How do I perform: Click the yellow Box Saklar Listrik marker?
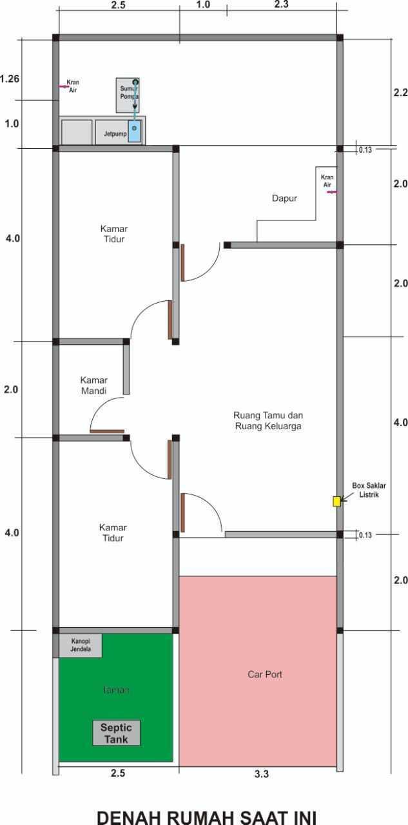336,501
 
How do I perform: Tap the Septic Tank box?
116,733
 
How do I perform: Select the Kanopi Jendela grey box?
81,645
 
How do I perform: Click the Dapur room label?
284,199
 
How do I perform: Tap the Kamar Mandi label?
94,385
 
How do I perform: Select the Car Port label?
265,674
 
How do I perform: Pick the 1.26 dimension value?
10,79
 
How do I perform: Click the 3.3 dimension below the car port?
261,774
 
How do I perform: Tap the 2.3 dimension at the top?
281,5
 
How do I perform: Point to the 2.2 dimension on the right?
400,92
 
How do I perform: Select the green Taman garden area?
116,690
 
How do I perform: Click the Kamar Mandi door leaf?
107,431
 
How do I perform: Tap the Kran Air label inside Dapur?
327,180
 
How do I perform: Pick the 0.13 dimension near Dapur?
365,150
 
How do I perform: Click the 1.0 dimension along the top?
202,5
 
